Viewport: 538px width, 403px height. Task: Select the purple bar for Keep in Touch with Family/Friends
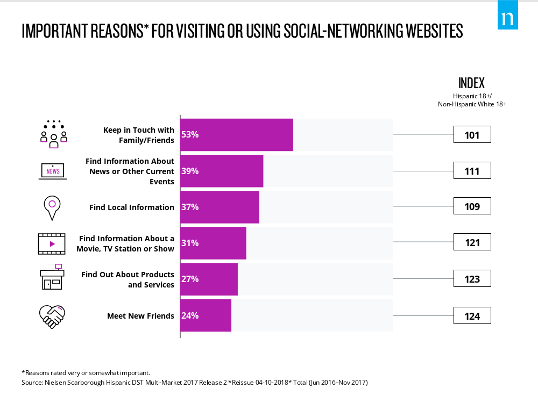click(x=237, y=134)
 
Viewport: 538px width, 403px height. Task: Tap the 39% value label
click(x=190, y=171)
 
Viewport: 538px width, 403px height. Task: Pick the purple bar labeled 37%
click(x=220, y=207)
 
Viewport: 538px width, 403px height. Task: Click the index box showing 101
click(x=472, y=134)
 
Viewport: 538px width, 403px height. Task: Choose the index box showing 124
click(x=472, y=315)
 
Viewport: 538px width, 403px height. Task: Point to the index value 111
click(x=472, y=171)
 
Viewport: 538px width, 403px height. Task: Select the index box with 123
click(x=472, y=279)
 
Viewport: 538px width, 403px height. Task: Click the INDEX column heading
click(x=471, y=83)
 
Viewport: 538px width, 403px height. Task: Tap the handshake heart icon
click(x=52, y=316)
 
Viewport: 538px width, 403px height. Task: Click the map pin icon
click(x=52, y=207)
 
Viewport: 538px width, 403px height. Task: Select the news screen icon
click(x=53, y=171)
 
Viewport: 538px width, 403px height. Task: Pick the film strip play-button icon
click(x=52, y=243)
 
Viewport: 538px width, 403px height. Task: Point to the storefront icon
click(x=52, y=277)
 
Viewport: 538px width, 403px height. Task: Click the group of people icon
click(x=53, y=134)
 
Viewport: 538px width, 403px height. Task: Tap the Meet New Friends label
click(x=140, y=315)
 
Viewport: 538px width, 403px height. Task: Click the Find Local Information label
click(x=132, y=207)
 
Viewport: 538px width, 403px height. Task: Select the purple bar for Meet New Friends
click(x=206, y=315)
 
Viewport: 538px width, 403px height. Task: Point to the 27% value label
click(x=190, y=279)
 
